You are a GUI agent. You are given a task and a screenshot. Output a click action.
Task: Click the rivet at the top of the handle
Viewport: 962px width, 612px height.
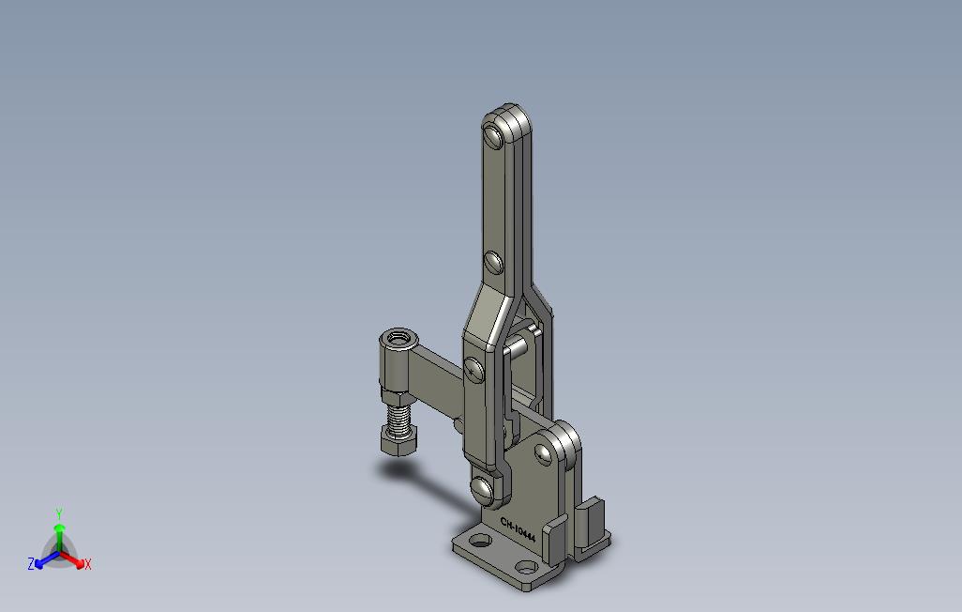coord(493,134)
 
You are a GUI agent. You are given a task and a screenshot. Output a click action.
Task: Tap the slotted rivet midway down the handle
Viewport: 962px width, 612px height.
coord(494,263)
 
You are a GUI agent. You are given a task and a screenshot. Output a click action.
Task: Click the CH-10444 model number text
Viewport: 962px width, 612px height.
coord(518,529)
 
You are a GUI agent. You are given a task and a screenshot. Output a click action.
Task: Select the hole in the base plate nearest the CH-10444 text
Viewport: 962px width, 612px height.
coord(482,541)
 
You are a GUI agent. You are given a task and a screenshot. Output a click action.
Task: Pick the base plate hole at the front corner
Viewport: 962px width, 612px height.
coord(526,567)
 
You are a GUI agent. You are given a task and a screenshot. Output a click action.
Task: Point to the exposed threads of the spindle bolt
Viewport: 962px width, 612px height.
coord(399,419)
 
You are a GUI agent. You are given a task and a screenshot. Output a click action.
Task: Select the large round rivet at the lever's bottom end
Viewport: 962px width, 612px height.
coord(483,488)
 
